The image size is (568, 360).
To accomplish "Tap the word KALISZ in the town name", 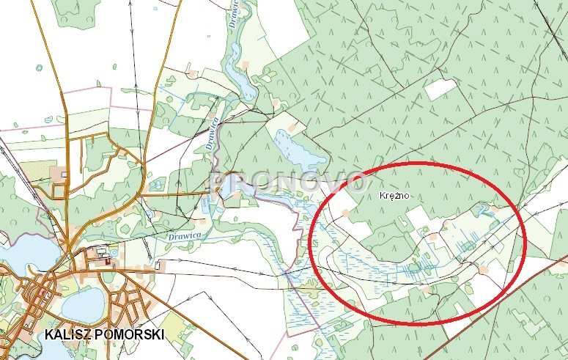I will [x=67, y=334].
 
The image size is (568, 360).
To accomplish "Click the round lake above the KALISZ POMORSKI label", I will [x=83, y=303].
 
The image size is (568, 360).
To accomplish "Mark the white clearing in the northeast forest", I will [x=439, y=89].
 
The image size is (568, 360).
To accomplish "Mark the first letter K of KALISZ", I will [x=48, y=334].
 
